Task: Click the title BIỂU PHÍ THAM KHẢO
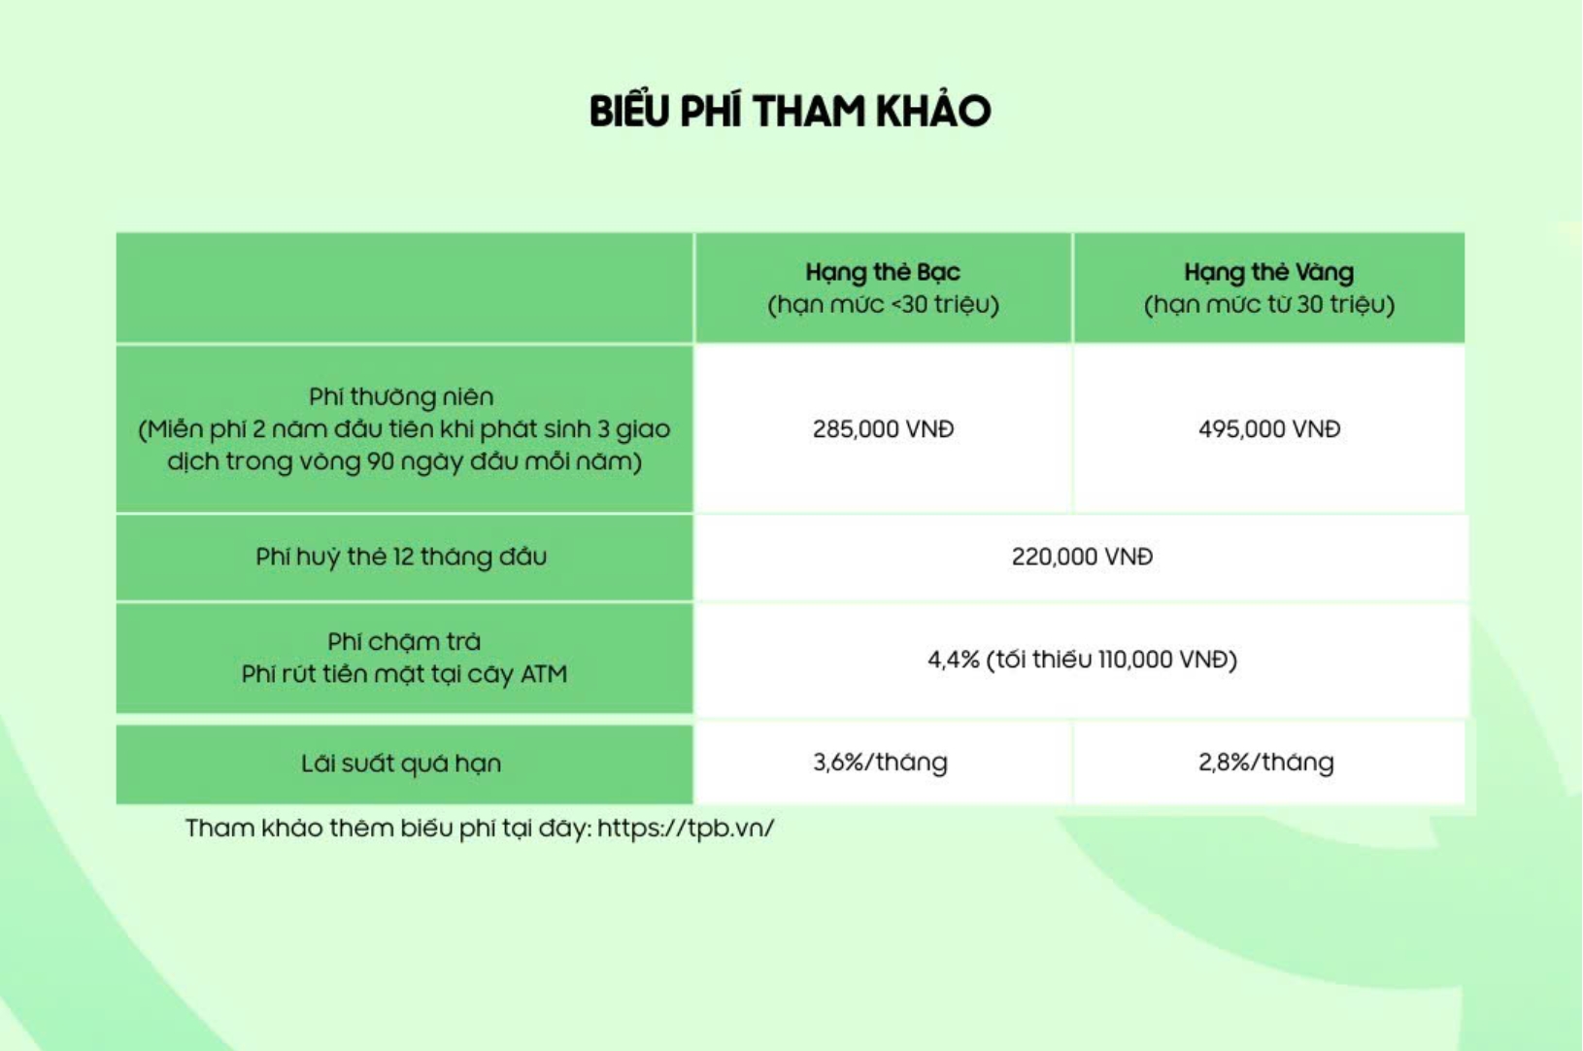(x=791, y=111)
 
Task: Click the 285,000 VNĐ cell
(x=884, y=429)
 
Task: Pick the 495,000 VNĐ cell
(x=1269, y=429)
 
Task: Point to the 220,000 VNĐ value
(x=1082, y=557)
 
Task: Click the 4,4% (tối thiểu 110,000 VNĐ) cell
(x=1082, y=660)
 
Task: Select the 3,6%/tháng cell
(x=881, y=763)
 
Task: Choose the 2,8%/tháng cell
(x=1266, y=763)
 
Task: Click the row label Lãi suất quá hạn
(x=401, y=764)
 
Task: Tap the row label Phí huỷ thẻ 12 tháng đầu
(x=401, y=557)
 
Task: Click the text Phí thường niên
(x=401, y=396)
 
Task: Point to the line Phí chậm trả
(x=404, y=642)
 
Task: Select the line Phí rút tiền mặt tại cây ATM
(x=404, y=674)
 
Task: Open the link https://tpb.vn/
(x=687, y=829)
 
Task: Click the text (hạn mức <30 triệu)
(x=884, y=305)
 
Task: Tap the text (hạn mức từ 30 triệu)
(x=1269, y=305)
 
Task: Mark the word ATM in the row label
(x=544, y=674)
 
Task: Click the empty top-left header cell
(x=404, y=288)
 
